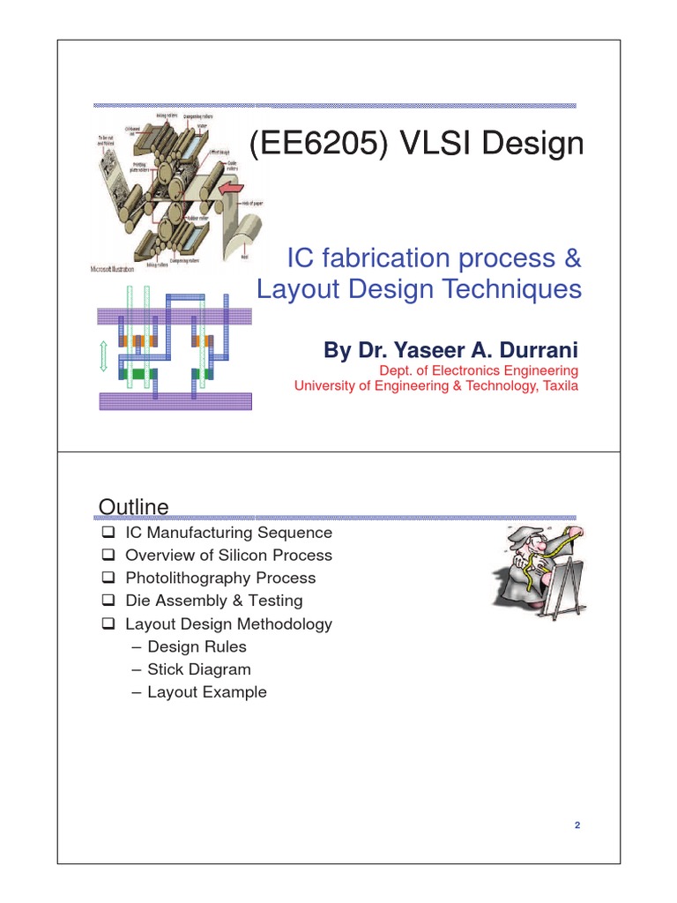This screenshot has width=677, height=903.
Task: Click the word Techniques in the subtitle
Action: click(517, 289)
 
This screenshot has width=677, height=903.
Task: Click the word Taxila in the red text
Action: click(558, 385)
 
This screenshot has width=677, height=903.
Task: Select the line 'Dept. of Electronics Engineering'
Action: click(478, 370)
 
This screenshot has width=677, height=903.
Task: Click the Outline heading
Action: click(133, 506)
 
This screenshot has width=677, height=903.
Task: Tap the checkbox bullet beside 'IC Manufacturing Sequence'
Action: click(108, 533)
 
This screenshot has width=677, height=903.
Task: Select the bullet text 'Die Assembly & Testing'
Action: click(213, 601)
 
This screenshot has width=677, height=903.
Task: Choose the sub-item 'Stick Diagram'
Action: click(198, 669)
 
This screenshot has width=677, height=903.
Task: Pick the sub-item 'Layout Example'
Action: click(206, 692)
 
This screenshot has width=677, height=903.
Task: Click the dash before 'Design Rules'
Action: click(136, 646)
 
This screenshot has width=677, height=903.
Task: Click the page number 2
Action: click(577, 825)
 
